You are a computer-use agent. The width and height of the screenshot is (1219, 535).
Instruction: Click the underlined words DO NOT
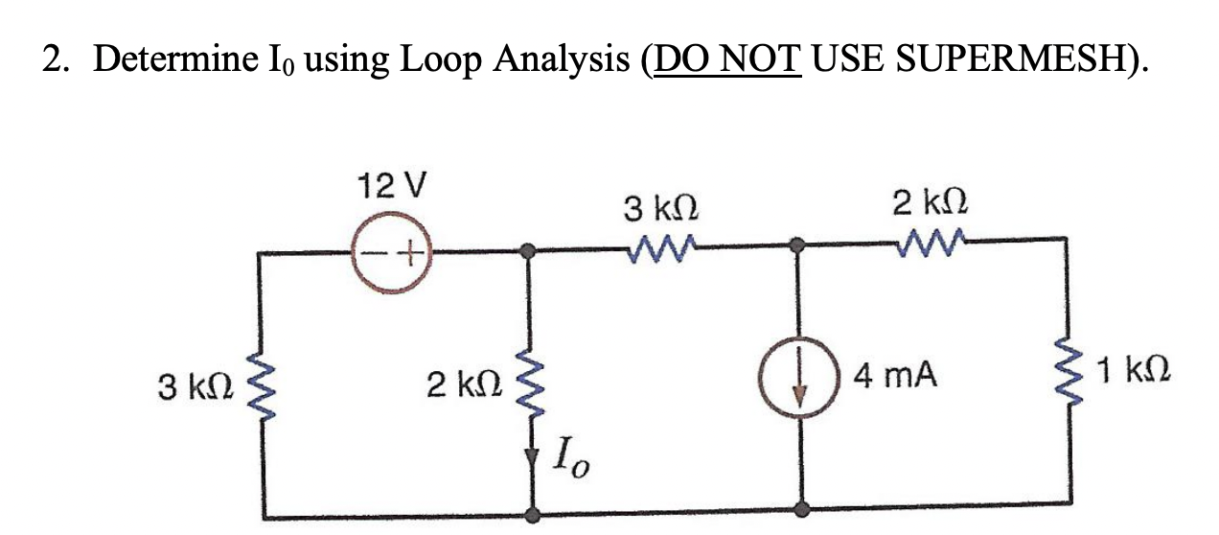click(x=725, y=60)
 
